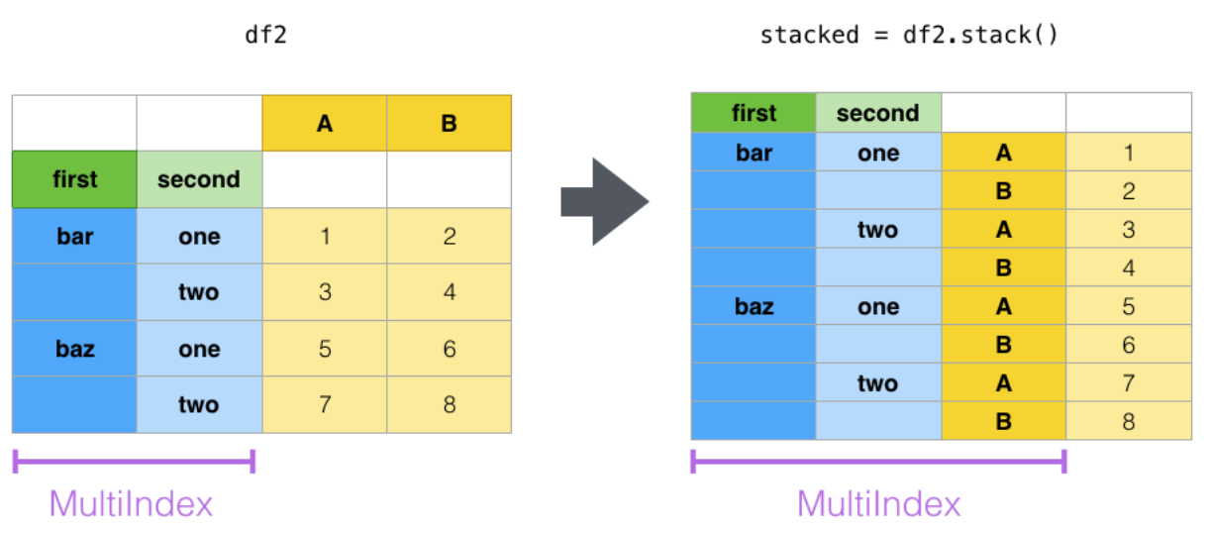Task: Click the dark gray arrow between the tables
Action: point(604,202)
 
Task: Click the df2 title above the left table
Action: point(265,35)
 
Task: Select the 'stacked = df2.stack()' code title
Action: point(909,35)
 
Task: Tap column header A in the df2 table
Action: point(325,123)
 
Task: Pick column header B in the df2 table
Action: point(450,123)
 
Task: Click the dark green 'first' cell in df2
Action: point(74,179)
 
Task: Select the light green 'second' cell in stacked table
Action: point(878,113)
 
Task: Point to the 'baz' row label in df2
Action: point(75,349)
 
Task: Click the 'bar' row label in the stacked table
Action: point(754,153)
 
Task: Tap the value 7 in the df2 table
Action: point(325,404)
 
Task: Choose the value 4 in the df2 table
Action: point(450,292)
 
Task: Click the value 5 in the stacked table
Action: point(1129,306)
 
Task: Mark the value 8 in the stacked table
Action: point(1129,421)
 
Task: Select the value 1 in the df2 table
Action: point(325,236)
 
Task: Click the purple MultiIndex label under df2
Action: point(131,503)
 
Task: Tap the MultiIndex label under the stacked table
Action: point(878,503)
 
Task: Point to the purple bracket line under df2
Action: point(134,462)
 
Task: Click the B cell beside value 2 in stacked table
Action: point(1003,190)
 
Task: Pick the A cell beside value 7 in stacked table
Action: point(1003,382)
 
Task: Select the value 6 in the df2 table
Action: point(450,349)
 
